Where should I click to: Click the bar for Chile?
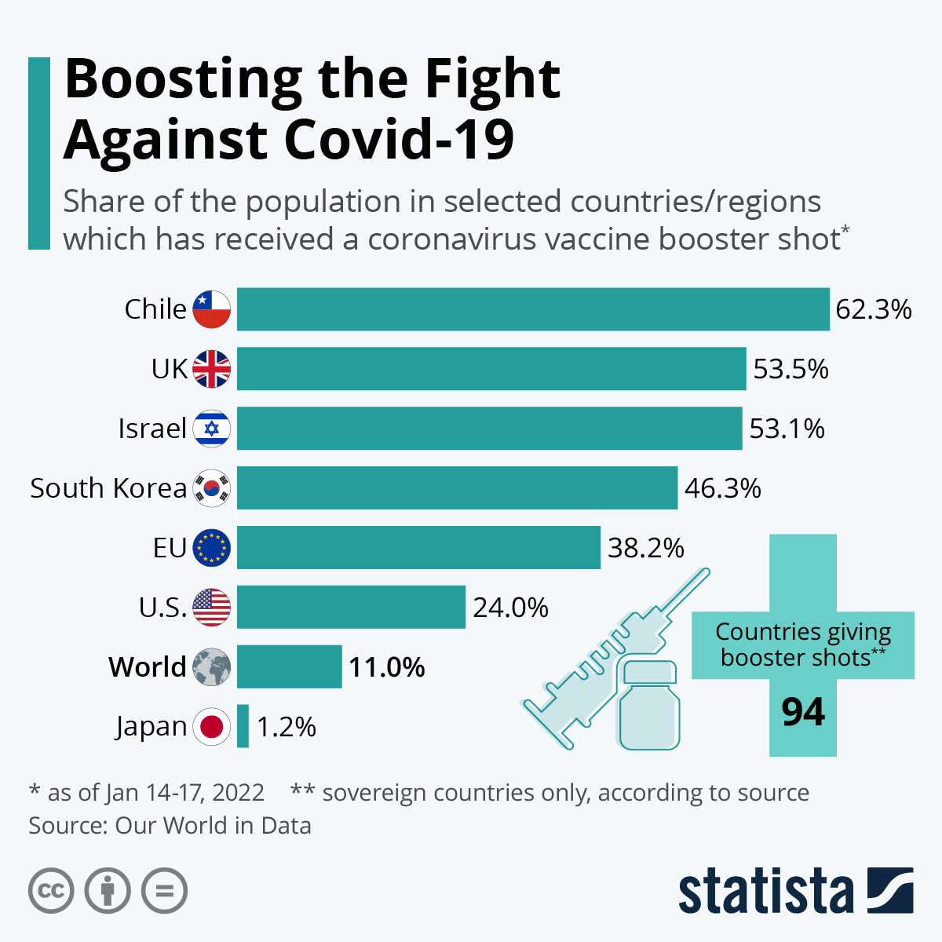coord(533,309)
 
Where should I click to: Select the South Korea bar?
coord(457,487)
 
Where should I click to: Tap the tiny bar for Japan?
coord(243,726)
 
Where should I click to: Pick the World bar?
coord(290,666)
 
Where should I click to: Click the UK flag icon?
coord(211,369)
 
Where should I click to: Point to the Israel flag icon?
coord(211,429)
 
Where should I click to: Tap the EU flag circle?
coord(211,547)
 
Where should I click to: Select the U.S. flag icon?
coord(211,607)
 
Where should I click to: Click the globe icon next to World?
coord(211,666)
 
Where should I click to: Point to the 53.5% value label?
coord(790,369)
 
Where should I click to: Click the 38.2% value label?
coord(646,548)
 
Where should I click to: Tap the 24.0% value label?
coord(510,608)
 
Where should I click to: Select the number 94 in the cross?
coord(803,712)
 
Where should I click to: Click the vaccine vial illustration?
coord(649,706)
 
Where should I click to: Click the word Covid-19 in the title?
coord(399,139)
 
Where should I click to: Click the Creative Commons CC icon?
coord(51,891)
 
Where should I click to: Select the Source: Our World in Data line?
coord(170,826)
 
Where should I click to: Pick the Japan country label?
coord(151,727)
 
